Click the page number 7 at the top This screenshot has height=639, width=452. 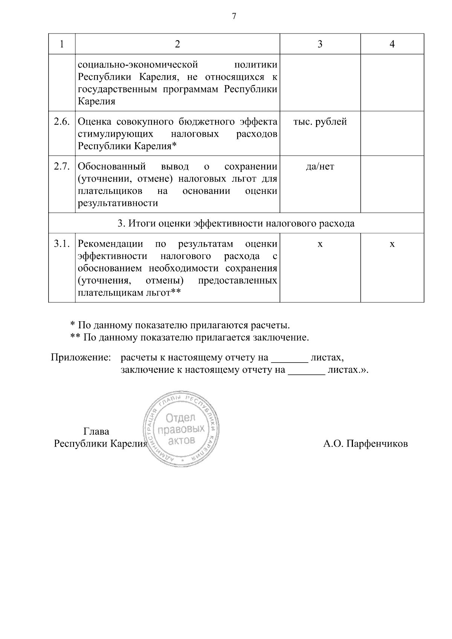(x=234, y=17)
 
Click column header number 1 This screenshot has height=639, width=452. (x=62, y=44)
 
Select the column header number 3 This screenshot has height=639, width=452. (x=320, y=44)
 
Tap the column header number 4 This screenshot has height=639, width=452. (x=392, y=44)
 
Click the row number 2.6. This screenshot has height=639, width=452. (x=62, y=122)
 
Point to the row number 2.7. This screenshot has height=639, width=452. (x=62, y=166)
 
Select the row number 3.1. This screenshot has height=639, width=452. (x=62, y=244)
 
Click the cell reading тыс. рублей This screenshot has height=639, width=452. (x=320, y=122)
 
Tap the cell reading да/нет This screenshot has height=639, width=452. (x=320, y=166)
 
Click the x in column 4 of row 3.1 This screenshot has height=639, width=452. (x=392, y=244)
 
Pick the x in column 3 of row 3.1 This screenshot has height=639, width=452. (x=320, y=244)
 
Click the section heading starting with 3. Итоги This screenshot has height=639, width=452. (x=236, y=224)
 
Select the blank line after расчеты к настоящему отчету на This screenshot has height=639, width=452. (x=290, y=360)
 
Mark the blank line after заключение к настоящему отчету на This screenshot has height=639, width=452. (x=307, y=373)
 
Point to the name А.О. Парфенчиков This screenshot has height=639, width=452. (x=365, y=444)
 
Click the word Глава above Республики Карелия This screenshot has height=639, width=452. (x=96, y=432)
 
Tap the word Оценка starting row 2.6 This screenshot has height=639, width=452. (x=95, y=122)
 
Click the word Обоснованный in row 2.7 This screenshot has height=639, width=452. (x=112, y=166)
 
